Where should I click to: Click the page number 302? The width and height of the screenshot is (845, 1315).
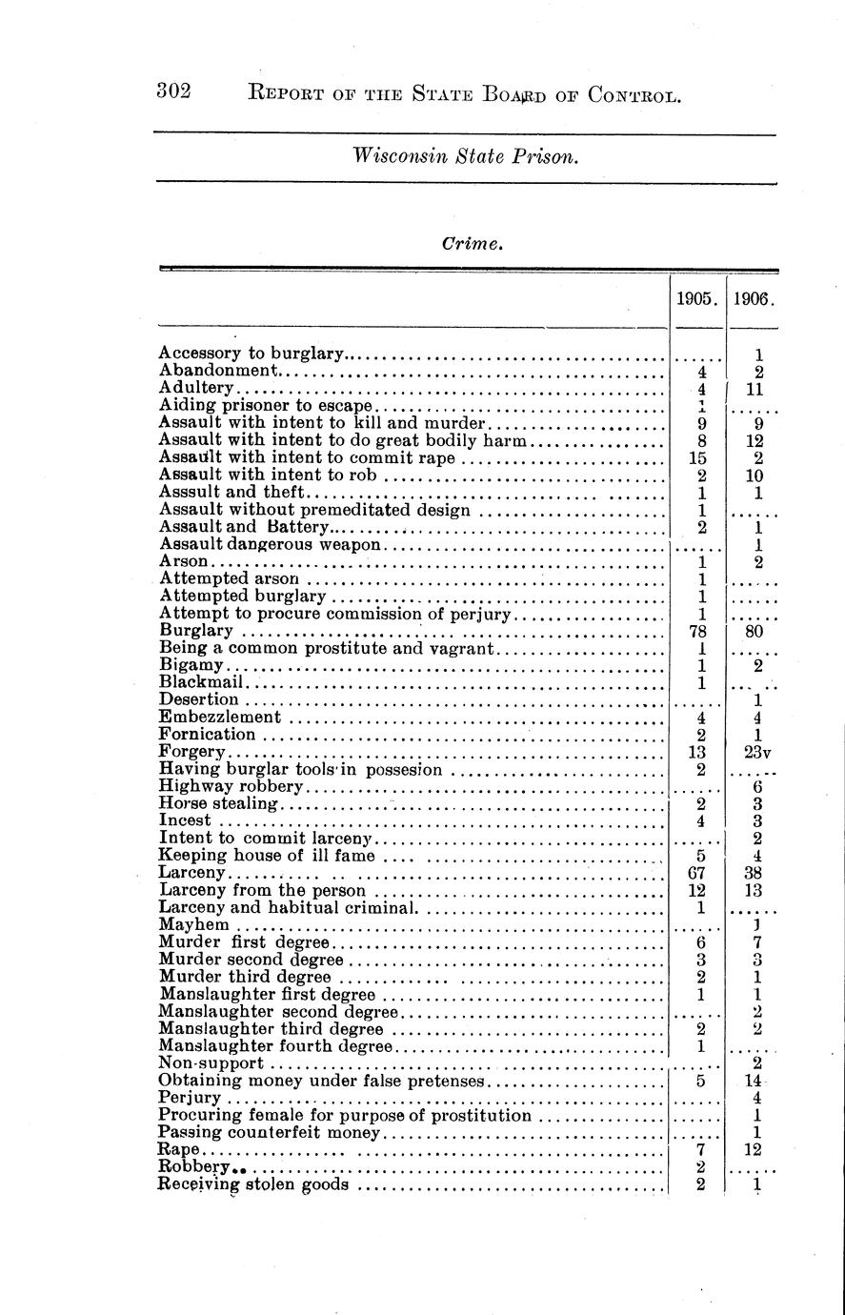[x=174, y=92]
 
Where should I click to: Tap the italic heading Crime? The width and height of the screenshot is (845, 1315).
[x=471, y=244]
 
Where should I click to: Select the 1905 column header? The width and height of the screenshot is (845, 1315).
[x=695, y=298]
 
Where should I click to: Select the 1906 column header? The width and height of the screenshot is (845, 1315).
[x=753, y=298]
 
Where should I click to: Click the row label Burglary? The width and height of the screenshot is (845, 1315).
[x=196, y=631]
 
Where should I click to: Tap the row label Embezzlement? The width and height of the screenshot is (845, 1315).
[x=220, y=717]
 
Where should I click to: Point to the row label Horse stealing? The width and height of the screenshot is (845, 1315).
[x=218, y=803]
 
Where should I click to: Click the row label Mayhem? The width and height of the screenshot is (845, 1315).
[x=193, y=924]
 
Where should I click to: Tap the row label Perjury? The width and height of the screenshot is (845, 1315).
[x=190, y=1098]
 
